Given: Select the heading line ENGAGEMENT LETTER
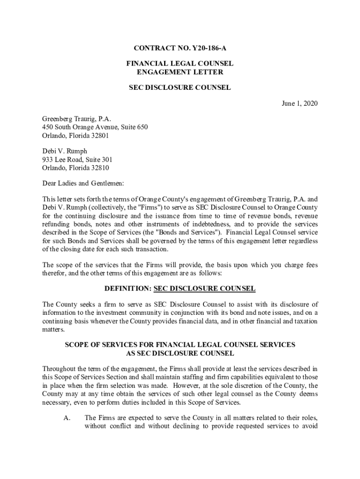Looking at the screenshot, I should point(180,72).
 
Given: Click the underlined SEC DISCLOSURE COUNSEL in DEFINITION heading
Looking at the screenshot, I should point(204,288).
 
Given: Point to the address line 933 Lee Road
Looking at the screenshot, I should point(59,160).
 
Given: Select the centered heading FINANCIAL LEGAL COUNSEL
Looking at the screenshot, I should point(180,64).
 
